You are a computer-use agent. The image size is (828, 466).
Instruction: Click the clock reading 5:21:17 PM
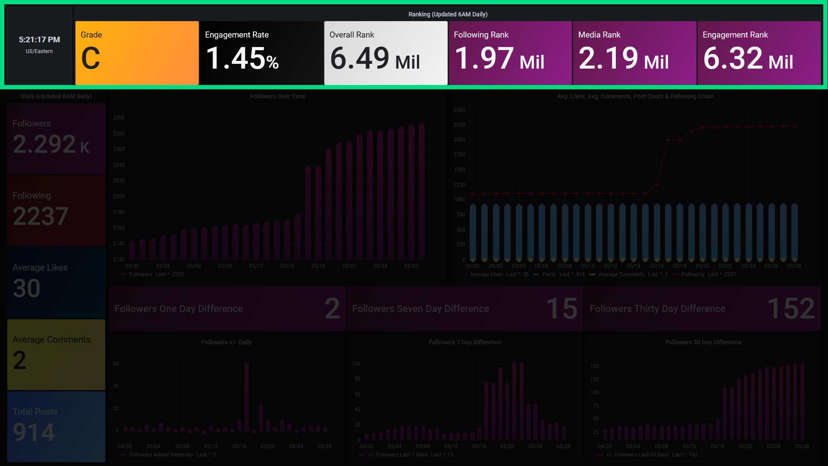[39, 40]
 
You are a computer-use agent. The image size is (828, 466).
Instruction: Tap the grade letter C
[91, 58]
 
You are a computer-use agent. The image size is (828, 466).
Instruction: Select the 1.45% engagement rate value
[242, 58]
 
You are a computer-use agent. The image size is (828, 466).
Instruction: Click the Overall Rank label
[351, 35]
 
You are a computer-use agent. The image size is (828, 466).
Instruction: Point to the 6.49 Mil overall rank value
[374, 59]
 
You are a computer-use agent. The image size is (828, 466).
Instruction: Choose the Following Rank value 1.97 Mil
[499, 59]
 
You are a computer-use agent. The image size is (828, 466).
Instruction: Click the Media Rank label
[599, 35]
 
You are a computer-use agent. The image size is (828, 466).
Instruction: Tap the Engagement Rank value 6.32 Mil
[748, 59]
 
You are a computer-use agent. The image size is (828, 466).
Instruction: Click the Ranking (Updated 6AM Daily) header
[448, 14]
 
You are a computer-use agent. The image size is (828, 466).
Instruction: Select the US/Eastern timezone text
[39, 51]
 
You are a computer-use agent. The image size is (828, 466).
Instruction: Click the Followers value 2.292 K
[51, 145]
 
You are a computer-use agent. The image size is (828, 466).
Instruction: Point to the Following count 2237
[41, 216]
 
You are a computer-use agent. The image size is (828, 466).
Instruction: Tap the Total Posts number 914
[34, 432]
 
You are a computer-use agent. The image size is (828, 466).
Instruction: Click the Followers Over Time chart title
[277, 96]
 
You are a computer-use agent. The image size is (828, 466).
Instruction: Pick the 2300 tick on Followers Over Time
[119, 117]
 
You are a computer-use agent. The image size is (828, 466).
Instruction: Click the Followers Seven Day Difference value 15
[561, 309]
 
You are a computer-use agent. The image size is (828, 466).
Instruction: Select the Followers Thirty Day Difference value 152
[791, 309]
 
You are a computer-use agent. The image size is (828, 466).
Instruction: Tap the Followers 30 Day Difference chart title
[703, 342]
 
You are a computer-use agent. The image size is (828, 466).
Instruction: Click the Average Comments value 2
[19, 360]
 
